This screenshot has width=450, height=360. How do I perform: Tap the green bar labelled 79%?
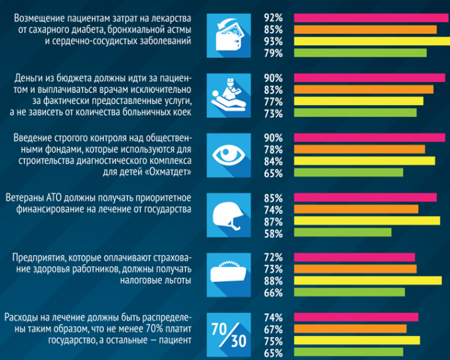click(x=359, y=53)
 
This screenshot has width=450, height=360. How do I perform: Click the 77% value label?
click(x=274, y=101)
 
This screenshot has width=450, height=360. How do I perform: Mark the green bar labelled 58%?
click(x=343, y=233)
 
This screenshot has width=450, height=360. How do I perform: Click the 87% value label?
click(x=274, y=221)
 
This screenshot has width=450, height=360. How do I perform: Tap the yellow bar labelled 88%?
click(x=367, y=281)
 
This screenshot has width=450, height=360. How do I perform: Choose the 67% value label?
click(x=274, y=329)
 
